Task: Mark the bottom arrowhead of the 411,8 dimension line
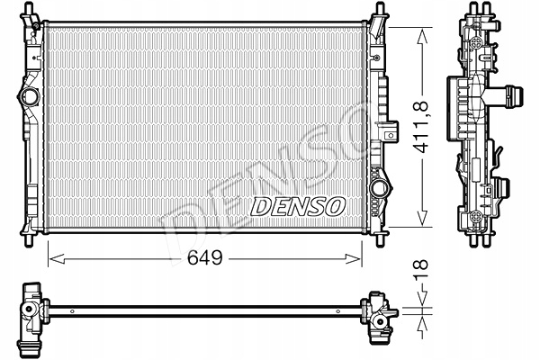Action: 420,225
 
